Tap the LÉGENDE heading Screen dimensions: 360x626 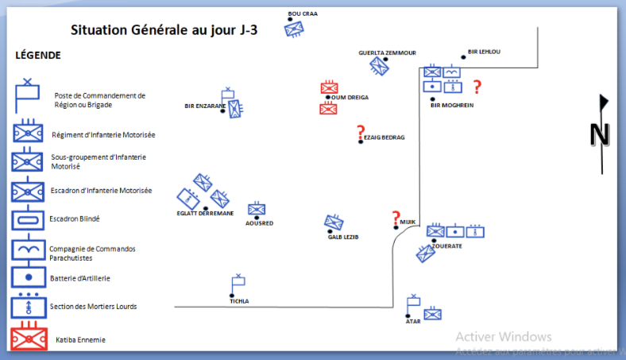coord(38,56)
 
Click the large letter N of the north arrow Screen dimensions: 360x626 coord(599,135)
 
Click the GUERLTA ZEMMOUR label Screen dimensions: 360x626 coord(387,52)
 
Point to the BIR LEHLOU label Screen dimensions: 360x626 coord(484,52)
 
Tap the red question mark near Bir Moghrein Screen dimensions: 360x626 coord(477,87)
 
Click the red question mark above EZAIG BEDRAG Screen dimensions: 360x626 coord(361,132)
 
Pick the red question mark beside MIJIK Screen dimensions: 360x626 coord(396,218)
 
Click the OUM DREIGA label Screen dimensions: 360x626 coord(350,98)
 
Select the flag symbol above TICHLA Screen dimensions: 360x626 coord(237,283)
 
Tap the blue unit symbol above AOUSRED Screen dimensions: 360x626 coord(256,210)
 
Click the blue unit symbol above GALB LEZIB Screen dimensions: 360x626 coord(334,223)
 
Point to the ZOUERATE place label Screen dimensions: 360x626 coord(447,246)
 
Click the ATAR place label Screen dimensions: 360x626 coord(413,322)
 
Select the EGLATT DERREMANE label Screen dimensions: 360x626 coord(205,213)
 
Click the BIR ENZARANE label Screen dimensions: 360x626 coord(205,106)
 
